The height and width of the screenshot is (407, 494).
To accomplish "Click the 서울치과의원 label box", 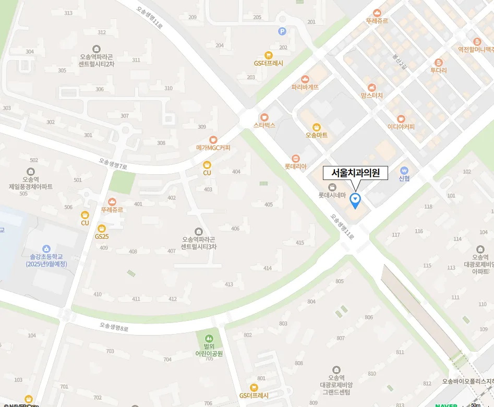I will (x=356, y=173).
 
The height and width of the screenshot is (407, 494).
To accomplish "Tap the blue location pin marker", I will (x=355, y=199).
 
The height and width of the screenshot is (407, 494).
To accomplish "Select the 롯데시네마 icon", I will (x=332, y=187).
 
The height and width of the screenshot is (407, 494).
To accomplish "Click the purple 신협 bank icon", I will (x=404, y=170).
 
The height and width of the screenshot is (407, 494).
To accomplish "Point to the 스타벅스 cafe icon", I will (x=264, y=117).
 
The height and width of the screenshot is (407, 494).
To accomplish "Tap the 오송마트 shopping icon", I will (x=316, y=127).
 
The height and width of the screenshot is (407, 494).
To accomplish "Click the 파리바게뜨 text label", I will (x=305, y=87).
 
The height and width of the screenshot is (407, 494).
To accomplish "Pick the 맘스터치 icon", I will (x=371, y=88).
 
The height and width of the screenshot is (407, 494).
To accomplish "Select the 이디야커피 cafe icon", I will (x=401, y=118).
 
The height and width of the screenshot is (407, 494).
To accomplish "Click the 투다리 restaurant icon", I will (x=438, y=62).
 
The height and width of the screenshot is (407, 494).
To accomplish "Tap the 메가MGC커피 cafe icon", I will (x=213, y=139).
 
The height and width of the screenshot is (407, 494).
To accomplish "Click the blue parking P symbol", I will (x=282, y=31).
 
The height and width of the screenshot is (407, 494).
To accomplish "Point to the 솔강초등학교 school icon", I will (x=46, y=249).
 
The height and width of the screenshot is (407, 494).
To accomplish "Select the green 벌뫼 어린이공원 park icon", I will (x=209, y=338).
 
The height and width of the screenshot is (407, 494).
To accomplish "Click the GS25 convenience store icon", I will (x=102, y=228).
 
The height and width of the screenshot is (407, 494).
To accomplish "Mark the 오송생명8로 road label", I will (x=114, y=327).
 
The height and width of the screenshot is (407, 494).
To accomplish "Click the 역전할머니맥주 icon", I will (x=477, y=42).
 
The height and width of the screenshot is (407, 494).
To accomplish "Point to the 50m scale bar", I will (x=475, y=404).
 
